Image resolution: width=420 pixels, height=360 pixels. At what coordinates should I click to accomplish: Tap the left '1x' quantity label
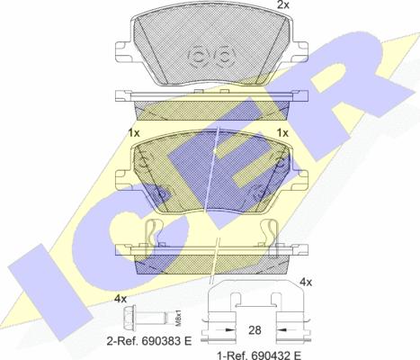point(135,132)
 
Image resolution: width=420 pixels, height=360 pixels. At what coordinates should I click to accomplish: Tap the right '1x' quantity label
point(281,132)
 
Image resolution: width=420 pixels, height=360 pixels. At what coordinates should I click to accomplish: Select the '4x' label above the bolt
point(121,298)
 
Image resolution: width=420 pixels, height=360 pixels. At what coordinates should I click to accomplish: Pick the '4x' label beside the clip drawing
point(305,283)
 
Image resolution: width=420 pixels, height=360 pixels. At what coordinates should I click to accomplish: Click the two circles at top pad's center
point(209,56)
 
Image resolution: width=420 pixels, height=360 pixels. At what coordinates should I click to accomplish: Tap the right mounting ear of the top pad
point(292,48)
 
